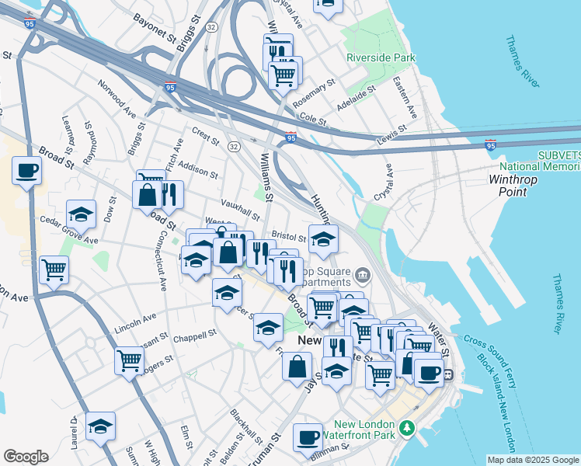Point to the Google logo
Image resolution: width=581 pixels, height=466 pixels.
(26, 456)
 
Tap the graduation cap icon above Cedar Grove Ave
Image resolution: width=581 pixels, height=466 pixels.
(81, 213)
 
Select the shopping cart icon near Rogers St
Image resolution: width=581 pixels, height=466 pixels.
(129, 360)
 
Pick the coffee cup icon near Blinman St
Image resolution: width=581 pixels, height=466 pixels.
(308, 436)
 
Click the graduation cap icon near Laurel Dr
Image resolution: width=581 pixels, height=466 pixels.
(100, 425)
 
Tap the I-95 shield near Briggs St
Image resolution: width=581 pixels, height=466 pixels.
(170, 88)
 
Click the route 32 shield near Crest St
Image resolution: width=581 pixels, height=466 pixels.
(233, 145)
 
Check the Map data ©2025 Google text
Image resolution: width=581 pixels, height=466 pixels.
(532, 460)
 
